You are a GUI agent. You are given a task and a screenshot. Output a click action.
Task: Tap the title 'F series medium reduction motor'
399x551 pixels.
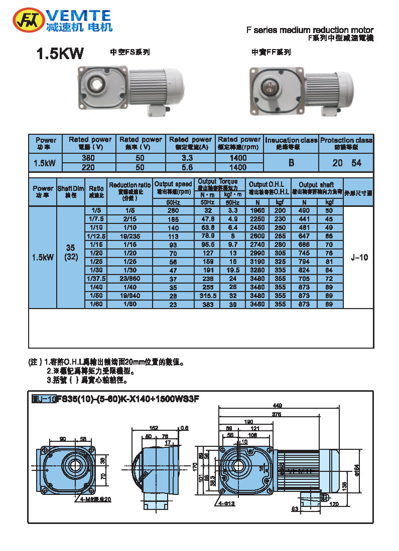[x=310, y=30]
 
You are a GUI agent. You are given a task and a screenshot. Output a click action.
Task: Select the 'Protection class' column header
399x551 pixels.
[x=346, y=143]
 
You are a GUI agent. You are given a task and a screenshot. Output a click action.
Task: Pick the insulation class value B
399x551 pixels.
[x=291, y=163]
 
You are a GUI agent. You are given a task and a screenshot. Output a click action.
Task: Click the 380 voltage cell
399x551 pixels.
[x=88, y=158]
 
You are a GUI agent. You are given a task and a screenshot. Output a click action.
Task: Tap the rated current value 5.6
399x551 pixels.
[x=190, y=167]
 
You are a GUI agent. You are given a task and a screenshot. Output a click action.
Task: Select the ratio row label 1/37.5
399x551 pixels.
[x=96, y=278]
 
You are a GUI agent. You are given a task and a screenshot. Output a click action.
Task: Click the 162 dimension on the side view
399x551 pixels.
[x=154, y=428]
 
